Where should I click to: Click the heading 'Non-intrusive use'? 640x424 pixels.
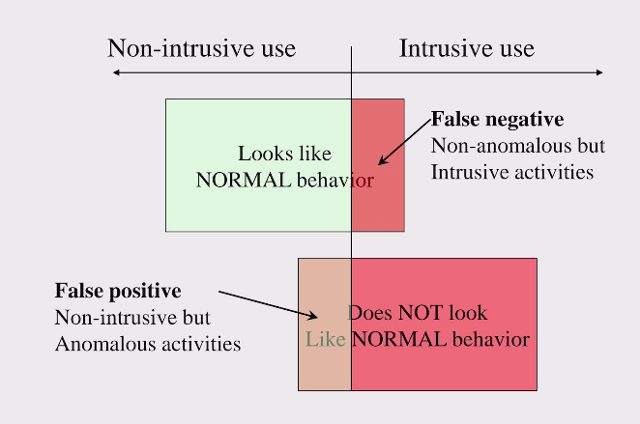click(x=201, y=48)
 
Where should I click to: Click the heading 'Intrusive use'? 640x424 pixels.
click(x=467, y=48)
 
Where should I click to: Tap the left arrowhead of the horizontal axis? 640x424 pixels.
click(x=116, y=72)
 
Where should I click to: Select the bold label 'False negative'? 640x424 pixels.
click(x=497, y=120)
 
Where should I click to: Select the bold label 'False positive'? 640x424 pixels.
click(x=118, y=291)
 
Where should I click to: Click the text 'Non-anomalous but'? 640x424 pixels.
click(x=517, y=147)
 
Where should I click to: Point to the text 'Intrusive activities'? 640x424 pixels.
click(x=511, y=173)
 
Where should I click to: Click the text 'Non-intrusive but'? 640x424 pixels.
click(x=132, y=317)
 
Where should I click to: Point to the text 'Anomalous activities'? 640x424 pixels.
click(x=147, y=343)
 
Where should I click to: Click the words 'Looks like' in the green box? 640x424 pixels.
click(x=284, y=154)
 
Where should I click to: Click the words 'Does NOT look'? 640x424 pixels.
click(x=418, y=313)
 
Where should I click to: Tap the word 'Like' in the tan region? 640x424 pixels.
click(x=324, y=339)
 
